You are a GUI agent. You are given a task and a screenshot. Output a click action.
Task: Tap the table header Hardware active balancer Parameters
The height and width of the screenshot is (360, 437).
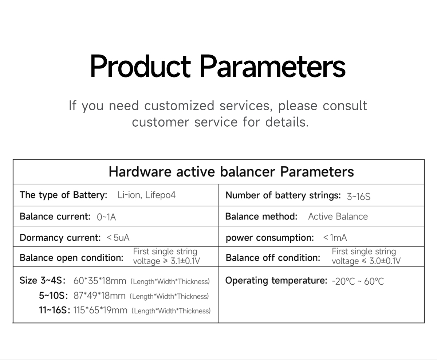(231, 171)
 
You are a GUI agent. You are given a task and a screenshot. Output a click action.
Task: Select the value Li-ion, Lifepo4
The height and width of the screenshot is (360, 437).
(146, 195)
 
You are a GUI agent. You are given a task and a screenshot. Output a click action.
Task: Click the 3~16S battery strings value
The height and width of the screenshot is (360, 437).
(358, 197)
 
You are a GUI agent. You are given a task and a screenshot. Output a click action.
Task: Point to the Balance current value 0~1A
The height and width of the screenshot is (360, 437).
(106, 217)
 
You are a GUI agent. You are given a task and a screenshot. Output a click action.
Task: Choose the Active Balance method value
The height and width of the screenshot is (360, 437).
(338, 217)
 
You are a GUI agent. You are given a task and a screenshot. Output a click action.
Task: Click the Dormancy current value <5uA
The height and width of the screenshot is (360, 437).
(118, 238)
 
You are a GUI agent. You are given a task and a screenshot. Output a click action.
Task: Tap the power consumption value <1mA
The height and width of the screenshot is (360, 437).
(335, 238)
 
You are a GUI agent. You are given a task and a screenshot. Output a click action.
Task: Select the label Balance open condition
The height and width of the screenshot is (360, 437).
(71, 258)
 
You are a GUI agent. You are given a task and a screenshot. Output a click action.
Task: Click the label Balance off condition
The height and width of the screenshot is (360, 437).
(273, 258)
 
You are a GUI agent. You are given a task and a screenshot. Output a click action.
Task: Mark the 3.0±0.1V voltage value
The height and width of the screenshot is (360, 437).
(385, 261)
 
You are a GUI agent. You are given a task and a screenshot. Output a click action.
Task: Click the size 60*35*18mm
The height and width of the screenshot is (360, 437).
(100, 281)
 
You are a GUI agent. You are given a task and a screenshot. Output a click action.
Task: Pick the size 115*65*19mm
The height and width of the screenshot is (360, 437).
(100, 310)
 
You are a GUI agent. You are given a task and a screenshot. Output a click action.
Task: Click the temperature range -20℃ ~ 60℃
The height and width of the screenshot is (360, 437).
(358, 281)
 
